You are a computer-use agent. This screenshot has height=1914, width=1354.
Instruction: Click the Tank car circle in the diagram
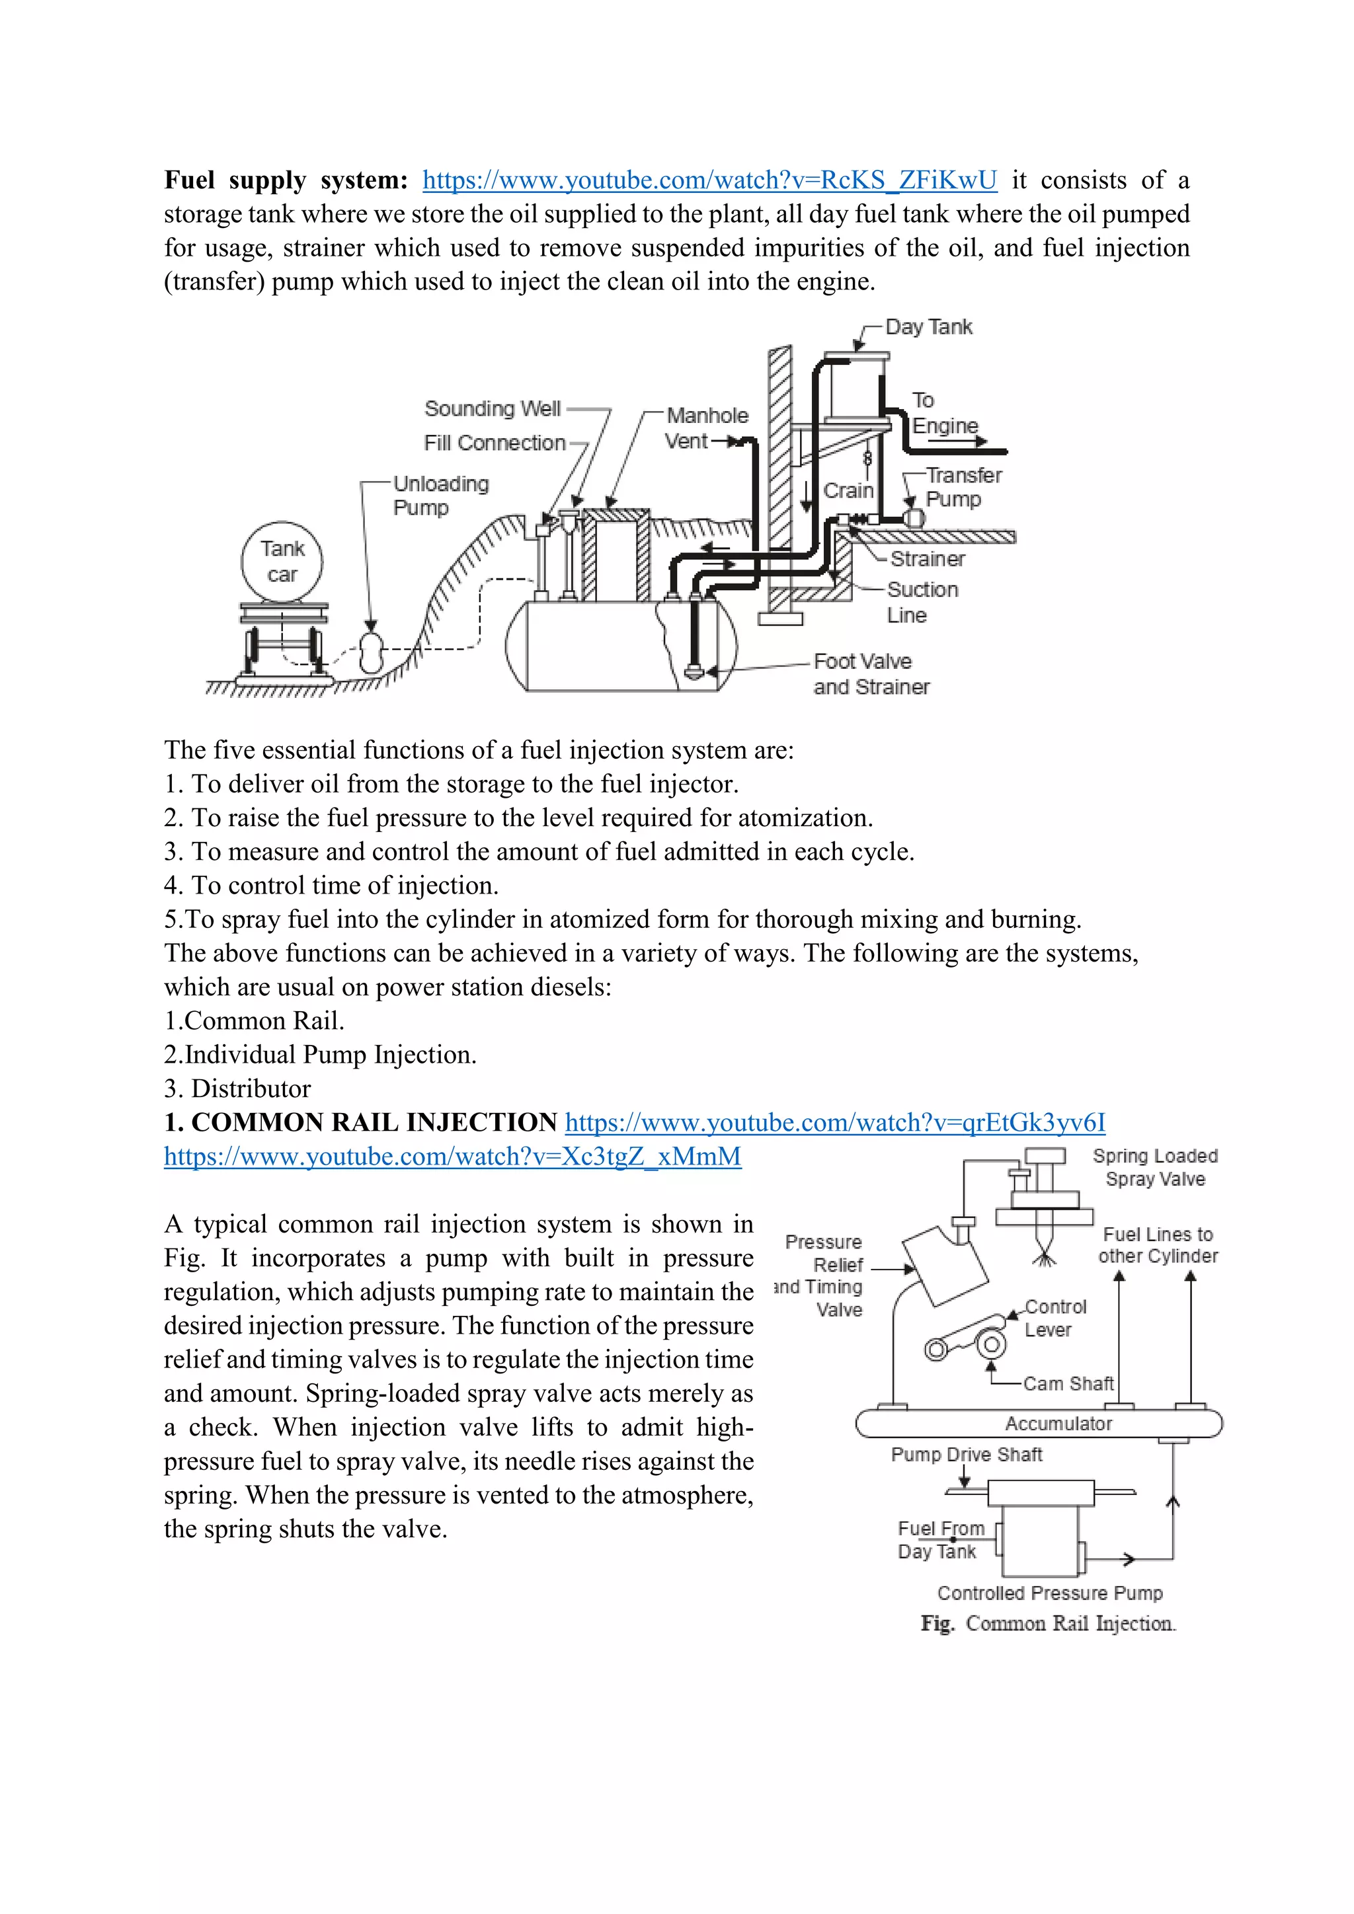[x=282, y=561]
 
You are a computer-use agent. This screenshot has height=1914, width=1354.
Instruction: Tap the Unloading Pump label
[x=440, y=495]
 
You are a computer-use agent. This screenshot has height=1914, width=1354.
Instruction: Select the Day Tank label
[x=928, y=326]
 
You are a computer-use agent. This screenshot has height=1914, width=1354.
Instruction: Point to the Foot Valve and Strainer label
[x=871, y=673]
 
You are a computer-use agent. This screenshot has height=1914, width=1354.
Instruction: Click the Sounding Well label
[x=492, y=408]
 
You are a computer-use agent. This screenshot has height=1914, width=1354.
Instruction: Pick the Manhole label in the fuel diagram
[x=707, y=415]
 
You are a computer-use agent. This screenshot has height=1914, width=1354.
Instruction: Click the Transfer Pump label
[x=963, y=487]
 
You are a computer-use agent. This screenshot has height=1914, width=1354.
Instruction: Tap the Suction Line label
[x=921, y=602]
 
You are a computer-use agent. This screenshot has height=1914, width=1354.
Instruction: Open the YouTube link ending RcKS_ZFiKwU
[x=709, y=180]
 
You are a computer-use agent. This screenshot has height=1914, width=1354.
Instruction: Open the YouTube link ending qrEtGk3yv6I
[x=834, y=1122]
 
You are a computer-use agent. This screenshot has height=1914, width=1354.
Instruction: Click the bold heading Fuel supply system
[x=285, y=180]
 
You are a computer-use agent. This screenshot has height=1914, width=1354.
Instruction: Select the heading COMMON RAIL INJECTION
[x=360, y=1122]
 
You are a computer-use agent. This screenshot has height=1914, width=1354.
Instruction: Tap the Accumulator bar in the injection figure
[x=1057, y=1423]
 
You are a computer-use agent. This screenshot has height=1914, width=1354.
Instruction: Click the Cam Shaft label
[x=1068, y=1384]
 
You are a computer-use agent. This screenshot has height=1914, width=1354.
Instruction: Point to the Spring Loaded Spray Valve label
[x=1155, y=1167]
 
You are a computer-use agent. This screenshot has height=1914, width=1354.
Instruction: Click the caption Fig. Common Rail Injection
[x=1048, y=1623]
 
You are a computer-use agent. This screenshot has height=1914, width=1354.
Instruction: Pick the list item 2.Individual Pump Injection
[x=320, y=1055]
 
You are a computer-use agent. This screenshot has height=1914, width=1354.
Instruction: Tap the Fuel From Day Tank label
[x=939, y=1540]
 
